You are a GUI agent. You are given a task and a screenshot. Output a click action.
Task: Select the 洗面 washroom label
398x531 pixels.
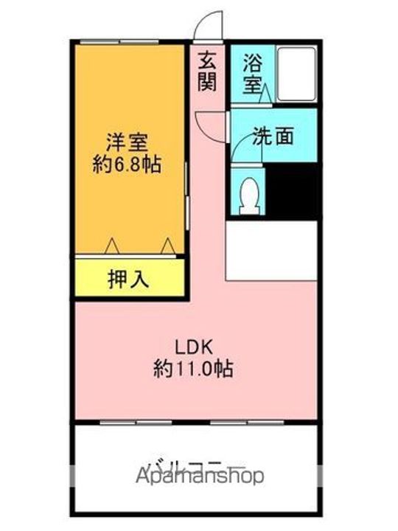(274, 136)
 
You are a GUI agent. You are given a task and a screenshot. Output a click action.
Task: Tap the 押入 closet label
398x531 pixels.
(129, 280)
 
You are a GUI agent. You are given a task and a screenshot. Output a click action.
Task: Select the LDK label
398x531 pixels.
(193, 345)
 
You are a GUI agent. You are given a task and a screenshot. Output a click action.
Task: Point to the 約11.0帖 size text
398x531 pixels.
(194, 368)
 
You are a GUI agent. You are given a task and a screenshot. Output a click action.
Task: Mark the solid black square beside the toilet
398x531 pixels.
(292, 190)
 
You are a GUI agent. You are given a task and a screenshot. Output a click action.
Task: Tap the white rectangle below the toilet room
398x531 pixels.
(271, 249)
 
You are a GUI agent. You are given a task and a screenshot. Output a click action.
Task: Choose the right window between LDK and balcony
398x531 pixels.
(238, 423)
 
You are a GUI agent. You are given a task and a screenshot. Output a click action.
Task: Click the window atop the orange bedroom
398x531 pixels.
(119, 41)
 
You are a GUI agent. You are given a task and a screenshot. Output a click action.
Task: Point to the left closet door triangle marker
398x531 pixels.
(111, 244)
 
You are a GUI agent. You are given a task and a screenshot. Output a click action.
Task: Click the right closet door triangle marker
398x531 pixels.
(167, 244)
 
